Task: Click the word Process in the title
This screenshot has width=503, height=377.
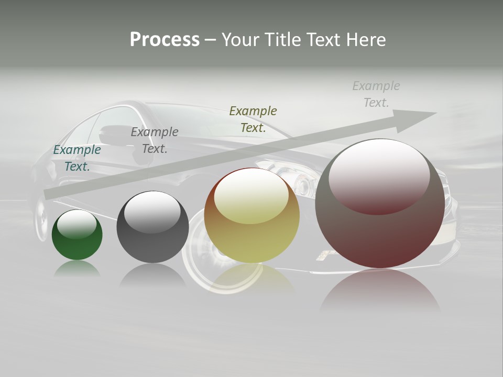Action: pyautogui.click(x=165, y=40)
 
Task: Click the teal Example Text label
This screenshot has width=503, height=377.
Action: pyautogui.click(x=77, y=158)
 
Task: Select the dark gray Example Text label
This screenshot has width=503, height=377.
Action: pyautogui.click(x=155, y=140)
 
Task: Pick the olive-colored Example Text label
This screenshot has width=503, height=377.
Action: pyautogui.click(x=253, y=119)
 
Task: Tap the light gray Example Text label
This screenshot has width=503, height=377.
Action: pyautogui.click(x=376, y=94)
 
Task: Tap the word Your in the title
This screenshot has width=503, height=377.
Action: pyautogui.click(x=240, y=40)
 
